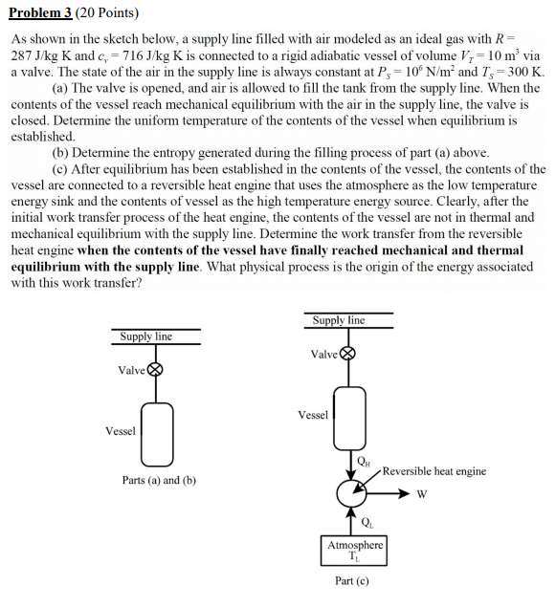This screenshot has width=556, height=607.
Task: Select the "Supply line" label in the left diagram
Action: pos(145,336)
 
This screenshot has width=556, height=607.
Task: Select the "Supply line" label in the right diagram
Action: pos(339,320)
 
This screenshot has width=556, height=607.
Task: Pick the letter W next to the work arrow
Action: pos(421,494)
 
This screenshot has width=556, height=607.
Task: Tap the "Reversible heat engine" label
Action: pos(434,471)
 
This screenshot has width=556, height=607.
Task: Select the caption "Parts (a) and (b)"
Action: pos(159,480)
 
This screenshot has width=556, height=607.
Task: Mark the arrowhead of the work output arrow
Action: pos(405,494)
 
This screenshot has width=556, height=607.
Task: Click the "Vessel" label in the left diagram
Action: pos(121,431)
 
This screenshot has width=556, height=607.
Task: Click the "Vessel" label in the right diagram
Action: pos(313,415)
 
